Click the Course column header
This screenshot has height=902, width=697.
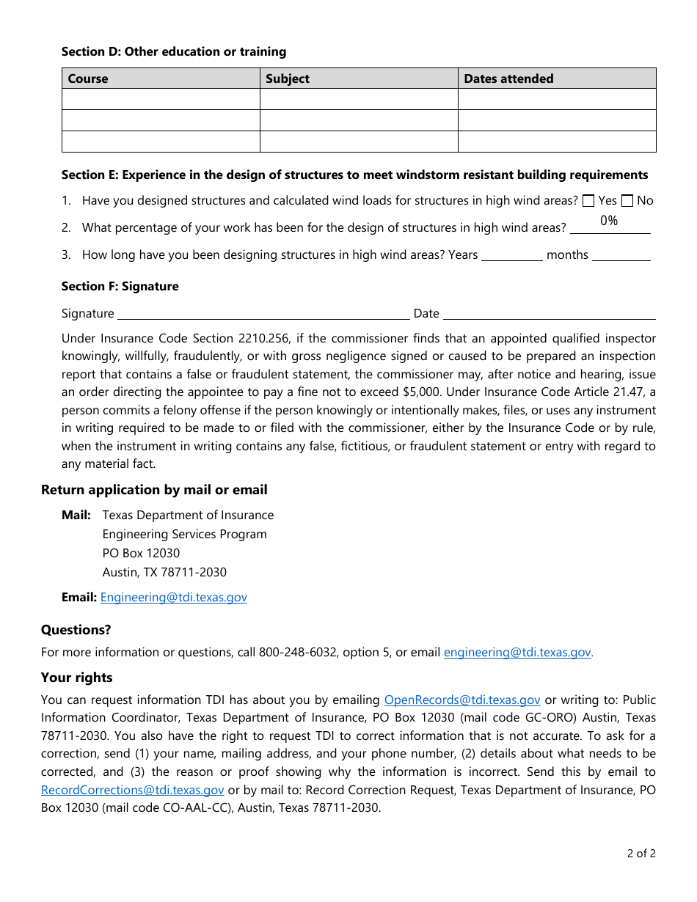click(x=88, y=78)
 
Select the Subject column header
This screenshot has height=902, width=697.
click(x=288, y=78)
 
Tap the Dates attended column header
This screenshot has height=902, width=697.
click(x=508, y=78)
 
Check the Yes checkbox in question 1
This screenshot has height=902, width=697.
click(x=588, y=200)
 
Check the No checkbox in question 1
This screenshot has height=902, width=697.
click(x=627, y=200)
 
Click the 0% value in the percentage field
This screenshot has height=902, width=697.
click(x=609, y=221)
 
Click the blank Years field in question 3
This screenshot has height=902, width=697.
click(x=512, y=254)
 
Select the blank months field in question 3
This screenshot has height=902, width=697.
click(x=621, y=254)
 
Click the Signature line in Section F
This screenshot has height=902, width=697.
click(x=263, y=313)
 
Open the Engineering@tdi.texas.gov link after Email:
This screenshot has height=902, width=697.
click(x=174, y=597)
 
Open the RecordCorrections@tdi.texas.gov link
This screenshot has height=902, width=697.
click(x=133, y=790)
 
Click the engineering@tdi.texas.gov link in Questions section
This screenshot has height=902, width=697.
click(x=517, y=652)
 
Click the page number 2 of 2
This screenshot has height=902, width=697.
click(x=641, y=853)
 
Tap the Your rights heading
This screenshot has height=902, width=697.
click(x=77, y=677)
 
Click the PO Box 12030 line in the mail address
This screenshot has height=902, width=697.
click(x=141, y=553)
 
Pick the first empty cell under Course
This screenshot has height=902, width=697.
click(x=161, y=99)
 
